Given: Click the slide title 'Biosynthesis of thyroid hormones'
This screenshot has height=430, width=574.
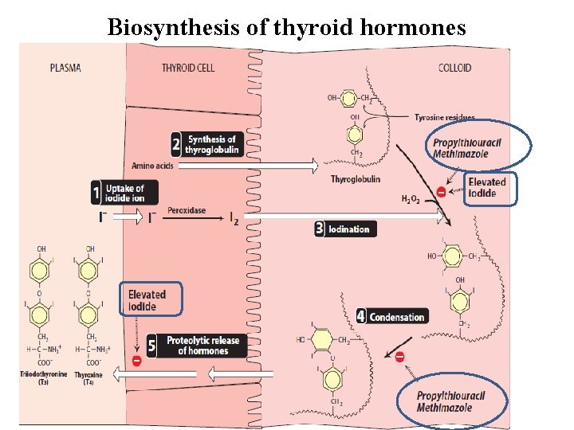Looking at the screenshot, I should click(x=286, y=28).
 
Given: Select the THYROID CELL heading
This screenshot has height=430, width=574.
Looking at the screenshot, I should click(x=188, y=68).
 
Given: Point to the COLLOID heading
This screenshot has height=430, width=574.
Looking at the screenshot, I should click(x=455, y=68).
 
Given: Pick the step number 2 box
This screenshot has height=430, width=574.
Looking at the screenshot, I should click(x=176, y=145).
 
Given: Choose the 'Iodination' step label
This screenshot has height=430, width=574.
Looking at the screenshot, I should click(x=349, y=229).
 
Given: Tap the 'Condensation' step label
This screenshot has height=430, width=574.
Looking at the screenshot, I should click(x=396, y=317).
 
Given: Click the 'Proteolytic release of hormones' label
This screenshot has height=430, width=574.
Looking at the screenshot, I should click(x=202, y=346).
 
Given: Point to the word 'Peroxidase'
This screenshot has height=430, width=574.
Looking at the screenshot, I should click(x=187, y=211).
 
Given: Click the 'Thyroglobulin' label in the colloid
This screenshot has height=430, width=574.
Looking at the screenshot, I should click(x=353, y=179).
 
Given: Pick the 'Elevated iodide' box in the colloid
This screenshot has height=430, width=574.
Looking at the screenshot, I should click(x=487, y=188).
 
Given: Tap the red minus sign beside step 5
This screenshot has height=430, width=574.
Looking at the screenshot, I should click(x=136, y=361).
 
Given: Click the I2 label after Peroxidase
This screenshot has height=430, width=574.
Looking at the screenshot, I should click(x=234, y=216).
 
